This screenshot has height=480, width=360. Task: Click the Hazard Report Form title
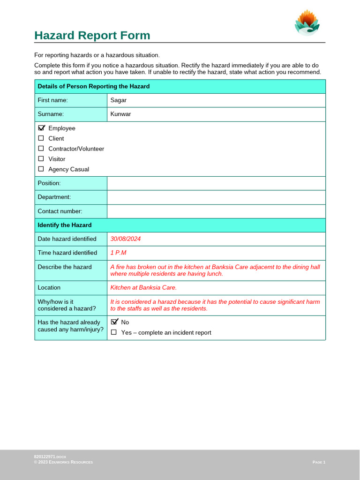pos(92,36)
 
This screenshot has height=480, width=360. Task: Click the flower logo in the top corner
pos(307,23)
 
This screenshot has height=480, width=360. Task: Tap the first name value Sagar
pos(118,100)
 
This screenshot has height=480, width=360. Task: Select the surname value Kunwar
pos(120,114)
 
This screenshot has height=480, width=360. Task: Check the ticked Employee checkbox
pos(41,128)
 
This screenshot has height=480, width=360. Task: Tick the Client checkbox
pos(41,138)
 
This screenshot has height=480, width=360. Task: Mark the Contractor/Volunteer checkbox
pos(41,149)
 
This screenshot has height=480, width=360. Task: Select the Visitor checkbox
pos(41,159)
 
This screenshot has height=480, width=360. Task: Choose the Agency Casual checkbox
pos(41,169)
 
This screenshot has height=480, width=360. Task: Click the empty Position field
pos(216,183)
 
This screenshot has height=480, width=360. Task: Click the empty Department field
pos(216,197)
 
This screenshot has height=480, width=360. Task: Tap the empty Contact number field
pos(216,211)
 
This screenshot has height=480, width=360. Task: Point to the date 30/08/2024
pos(126,239)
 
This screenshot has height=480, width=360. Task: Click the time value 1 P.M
pos(118,253)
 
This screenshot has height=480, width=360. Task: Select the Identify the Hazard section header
pos(65,225)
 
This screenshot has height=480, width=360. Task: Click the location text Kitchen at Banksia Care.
pos(143,288)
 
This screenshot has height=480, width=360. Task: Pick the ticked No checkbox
pos(114,322)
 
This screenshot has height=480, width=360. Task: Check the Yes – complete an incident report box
pos(114,332)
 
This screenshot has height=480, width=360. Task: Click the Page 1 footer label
pos(319,462)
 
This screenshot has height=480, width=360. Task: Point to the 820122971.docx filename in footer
pos(50,457)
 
